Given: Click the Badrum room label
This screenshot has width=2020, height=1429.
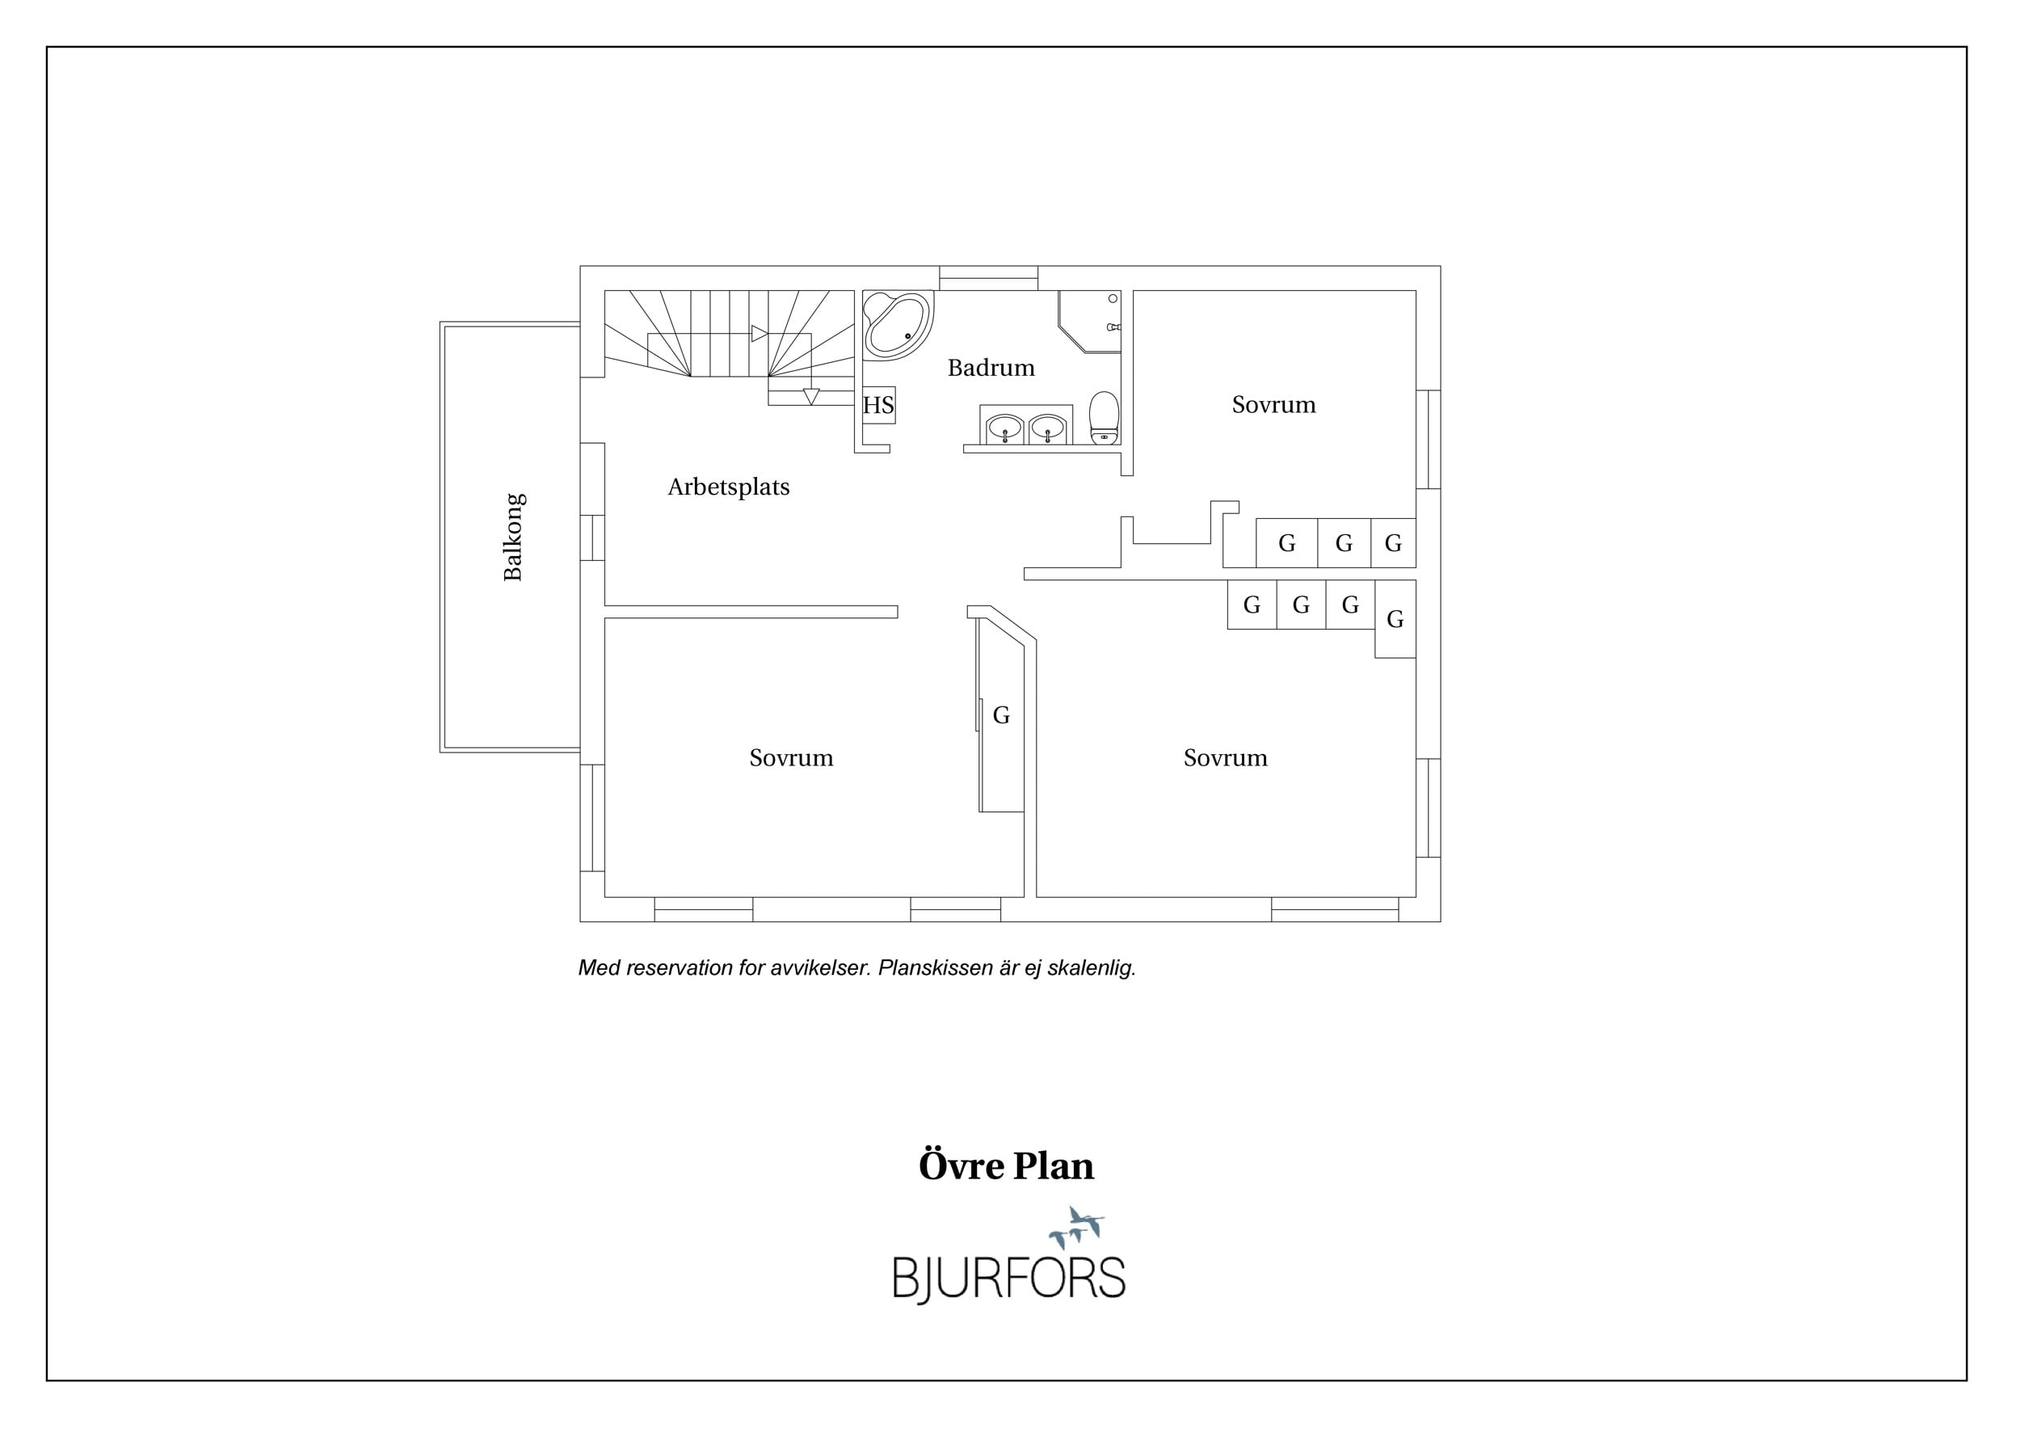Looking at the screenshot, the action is [991, 368].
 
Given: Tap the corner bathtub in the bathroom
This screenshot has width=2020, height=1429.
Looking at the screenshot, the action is [898, 325].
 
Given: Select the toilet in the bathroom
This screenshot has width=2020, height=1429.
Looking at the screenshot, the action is [1105, 418].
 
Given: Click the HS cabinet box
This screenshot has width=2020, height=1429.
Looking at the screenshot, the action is [878, 406].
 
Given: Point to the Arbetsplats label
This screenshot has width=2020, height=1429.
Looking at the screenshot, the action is [729, 487].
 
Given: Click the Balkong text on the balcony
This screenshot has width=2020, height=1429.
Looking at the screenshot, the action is [513, 537].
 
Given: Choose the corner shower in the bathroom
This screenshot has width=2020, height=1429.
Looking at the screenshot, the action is [1090, 321].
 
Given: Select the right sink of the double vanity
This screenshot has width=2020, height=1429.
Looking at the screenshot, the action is [1047, 428].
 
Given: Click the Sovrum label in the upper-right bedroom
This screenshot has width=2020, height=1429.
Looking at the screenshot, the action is [1274, 405].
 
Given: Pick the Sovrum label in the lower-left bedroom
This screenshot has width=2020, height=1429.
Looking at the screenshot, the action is [791, 757].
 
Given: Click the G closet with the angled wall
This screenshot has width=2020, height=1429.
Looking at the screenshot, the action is [1001, 714].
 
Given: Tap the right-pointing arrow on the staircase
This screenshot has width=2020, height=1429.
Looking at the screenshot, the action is [760, 335].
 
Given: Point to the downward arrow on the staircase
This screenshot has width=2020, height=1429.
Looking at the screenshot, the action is [811, 397].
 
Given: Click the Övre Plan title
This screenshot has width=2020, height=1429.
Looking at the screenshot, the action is [1007, 1167].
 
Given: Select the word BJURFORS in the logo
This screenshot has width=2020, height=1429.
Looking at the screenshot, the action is [1009, 1278].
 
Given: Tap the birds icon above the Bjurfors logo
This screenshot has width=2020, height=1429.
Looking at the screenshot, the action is [1077, 1228].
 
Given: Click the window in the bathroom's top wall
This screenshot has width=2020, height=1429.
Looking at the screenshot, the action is [989, 278].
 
